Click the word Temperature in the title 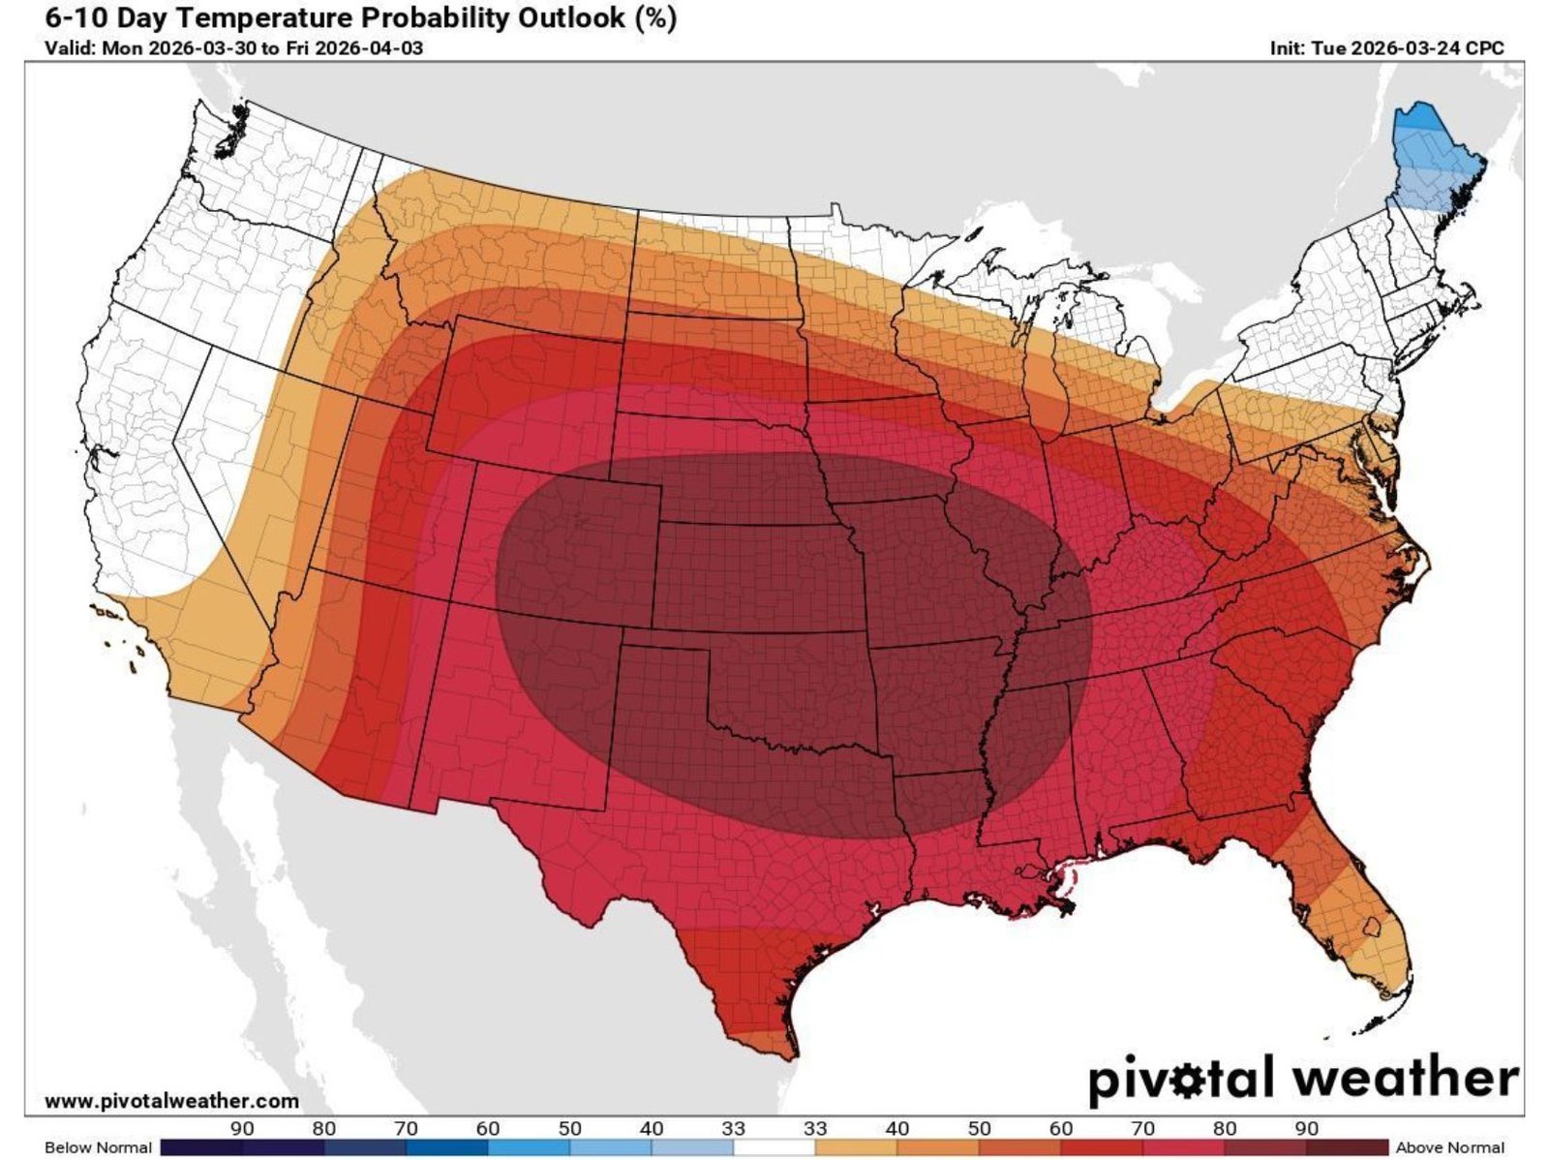point(256,17)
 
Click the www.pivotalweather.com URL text point(171,1101)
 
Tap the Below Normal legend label point(98,1147)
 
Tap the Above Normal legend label point(1449,1147)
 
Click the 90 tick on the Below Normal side point(242,1128)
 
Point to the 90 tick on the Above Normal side point(1307,1128)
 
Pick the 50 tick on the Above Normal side point(980,1128)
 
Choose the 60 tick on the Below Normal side point(488,1128)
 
